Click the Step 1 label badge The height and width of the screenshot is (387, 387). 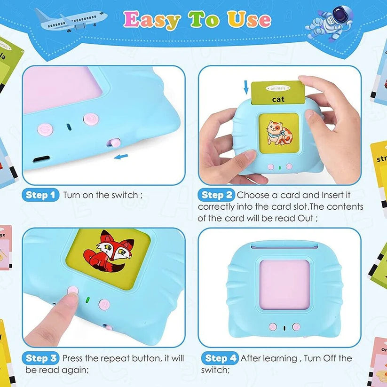(x=40, y=195)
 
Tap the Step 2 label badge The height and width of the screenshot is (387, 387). (x=216, y=195)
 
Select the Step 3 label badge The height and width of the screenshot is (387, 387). (x=41, y=358)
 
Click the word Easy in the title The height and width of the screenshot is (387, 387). (x=152, y=20)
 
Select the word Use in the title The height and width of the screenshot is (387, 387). (x=249, y=20)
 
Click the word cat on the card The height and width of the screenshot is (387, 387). (x=278, y=100)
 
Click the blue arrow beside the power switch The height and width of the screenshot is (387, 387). (x=121, y=156)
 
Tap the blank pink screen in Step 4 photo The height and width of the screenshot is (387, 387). (x=283, y=284)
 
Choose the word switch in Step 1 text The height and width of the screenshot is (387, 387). (x=125, y=195)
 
